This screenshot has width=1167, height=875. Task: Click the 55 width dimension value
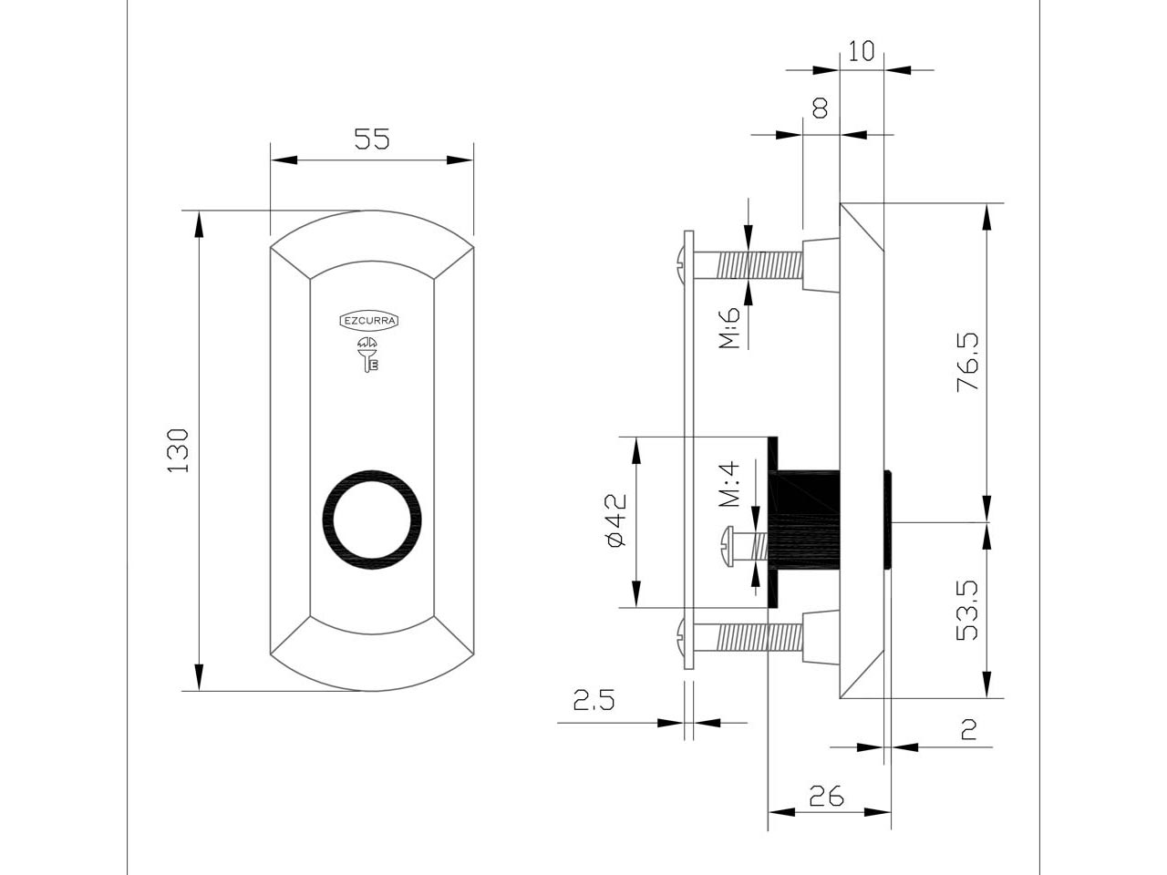pyautogui.click(x=372, y=139)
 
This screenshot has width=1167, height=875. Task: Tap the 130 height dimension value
pyautogui.click(x=178, y=450)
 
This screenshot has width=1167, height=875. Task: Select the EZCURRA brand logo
pyautogui.click(x=369, y=320)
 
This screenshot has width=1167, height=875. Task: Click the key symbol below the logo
pyautogui.click(x=368, y=355)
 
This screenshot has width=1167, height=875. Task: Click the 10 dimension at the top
pyautogui.click(x=861, y=51)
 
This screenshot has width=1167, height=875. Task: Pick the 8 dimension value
pyautogui.click(x=821, y=108)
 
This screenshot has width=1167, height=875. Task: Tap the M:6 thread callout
pyautogui.click(x=729, y=327)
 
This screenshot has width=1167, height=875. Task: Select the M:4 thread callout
pyautogui.click(x=729, y=484)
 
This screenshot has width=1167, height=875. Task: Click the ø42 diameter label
pyautogui.click(x=616, y=520)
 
